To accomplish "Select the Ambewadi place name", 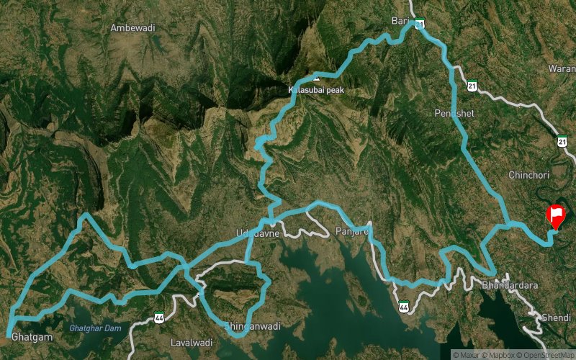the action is tap(132, 28).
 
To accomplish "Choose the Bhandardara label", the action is tap(513, 285).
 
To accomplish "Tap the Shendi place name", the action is tap(557, 317).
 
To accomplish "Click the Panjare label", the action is tap(352, 231).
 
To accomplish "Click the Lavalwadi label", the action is tap(190, 342).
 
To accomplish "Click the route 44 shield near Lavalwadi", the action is tap(158, 317).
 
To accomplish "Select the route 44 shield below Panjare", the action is tap(404, 306).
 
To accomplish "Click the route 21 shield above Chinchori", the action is tap(562, 140).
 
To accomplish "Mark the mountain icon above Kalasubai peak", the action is tap(315, 76).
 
